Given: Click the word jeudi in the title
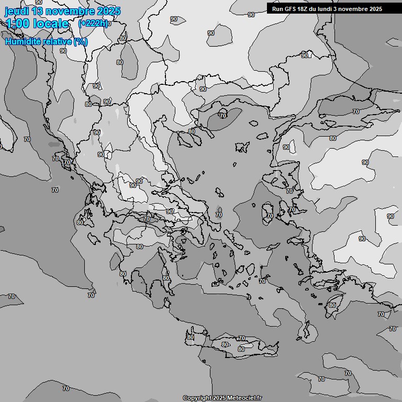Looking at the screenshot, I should coord(16,11).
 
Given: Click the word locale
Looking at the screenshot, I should coord(51,24).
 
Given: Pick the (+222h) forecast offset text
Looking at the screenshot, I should coord(93,23).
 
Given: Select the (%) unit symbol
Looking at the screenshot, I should coord(81,41).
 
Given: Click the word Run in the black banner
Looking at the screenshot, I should coord(277,9).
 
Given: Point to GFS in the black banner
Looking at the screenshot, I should coord(290,9).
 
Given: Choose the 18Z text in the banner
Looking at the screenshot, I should coord(304,9).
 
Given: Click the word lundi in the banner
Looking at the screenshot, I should coord(328,9).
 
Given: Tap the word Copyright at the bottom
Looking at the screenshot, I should coord(197,398).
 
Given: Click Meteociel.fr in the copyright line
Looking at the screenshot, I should coord(244,398).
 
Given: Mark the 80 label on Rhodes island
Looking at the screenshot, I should coord(332,305).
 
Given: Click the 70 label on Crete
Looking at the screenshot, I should coord(241,339).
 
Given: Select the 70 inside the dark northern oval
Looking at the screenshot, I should coord(223,116).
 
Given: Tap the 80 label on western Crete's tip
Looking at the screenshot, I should coord(190,337).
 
